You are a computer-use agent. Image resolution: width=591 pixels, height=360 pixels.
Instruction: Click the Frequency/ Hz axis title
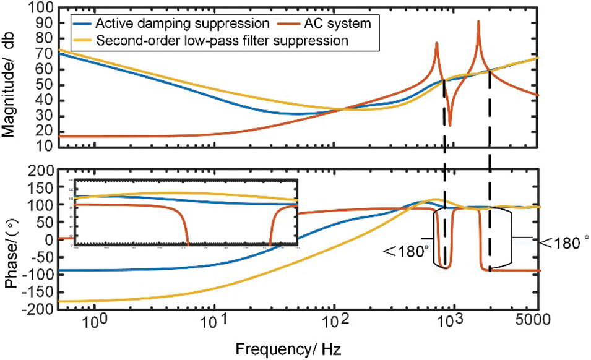pos(295,349)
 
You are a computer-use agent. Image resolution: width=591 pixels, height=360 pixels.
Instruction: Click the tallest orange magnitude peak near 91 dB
pos(478,22)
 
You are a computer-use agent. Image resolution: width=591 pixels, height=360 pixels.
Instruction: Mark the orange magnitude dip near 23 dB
pos(450,126)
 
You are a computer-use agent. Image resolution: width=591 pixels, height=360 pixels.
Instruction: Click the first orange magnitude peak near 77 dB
pos(437,43)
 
